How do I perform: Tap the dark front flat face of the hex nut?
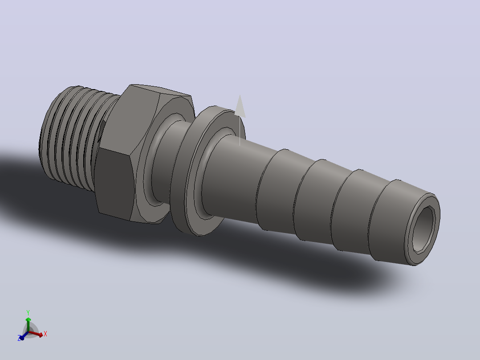coord(114,183)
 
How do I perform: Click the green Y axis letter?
coord(28,312)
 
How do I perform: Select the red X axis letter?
coord(45,334)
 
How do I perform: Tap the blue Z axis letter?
coord(19,338)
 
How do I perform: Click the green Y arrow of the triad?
coord(28,324)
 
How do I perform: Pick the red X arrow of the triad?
coord(36,334)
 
